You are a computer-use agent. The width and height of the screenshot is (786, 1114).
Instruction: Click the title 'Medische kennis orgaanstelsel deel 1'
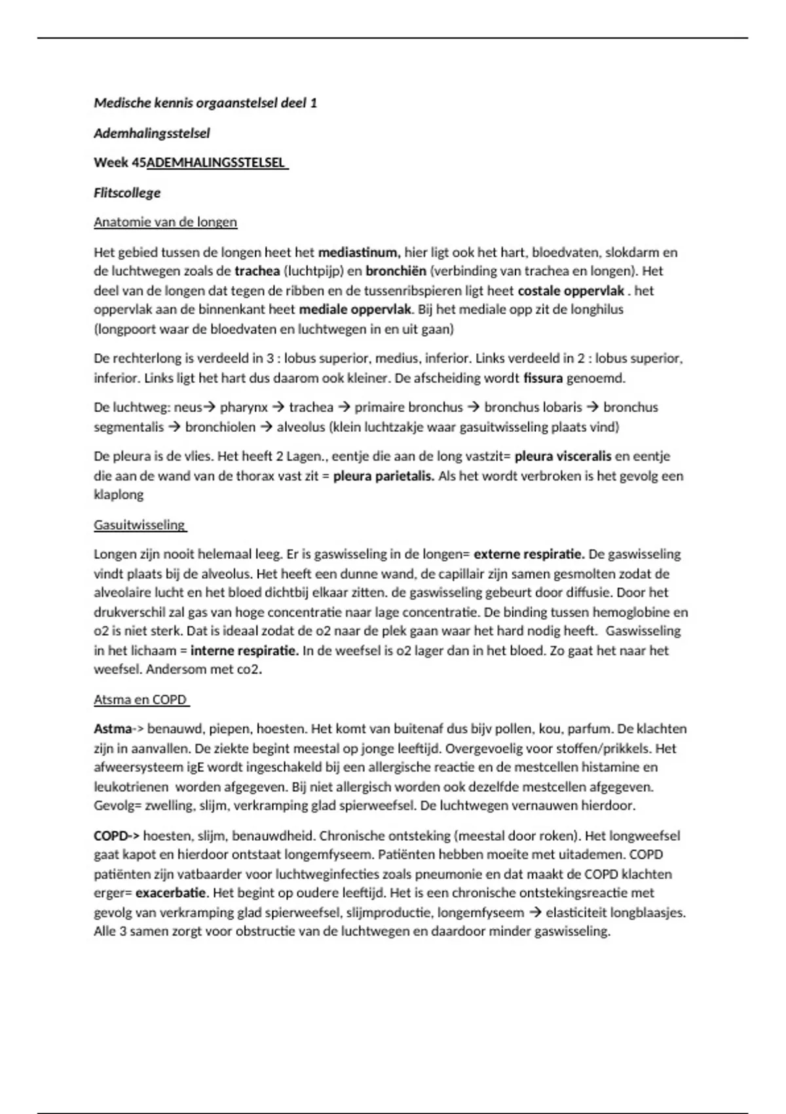[205, 103]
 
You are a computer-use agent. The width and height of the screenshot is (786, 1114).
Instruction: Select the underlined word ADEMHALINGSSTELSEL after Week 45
[217, 163]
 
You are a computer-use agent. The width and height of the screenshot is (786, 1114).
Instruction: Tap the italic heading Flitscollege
[127, 193]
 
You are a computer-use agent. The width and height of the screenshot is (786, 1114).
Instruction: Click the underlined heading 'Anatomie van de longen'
[165, 222]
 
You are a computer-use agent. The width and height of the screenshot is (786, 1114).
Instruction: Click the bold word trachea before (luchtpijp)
[257, 271]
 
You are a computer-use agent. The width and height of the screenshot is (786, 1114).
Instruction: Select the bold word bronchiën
[396, 271]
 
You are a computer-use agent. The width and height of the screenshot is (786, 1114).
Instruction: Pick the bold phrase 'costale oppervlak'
[571, 290]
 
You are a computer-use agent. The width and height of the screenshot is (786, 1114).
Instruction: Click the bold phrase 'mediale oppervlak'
[355, 309]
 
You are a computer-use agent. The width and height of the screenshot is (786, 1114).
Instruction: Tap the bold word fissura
[543, 378]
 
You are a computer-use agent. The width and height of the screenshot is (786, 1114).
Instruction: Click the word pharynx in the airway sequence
[244, 408]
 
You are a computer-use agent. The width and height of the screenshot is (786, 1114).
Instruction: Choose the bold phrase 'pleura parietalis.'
[383, 476]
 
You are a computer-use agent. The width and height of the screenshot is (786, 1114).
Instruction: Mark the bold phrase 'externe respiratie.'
[529, 554]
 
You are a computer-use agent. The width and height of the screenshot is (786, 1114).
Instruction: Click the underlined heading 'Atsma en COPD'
[140, 700]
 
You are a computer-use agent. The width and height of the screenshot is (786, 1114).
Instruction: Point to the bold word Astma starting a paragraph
[113, 729]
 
